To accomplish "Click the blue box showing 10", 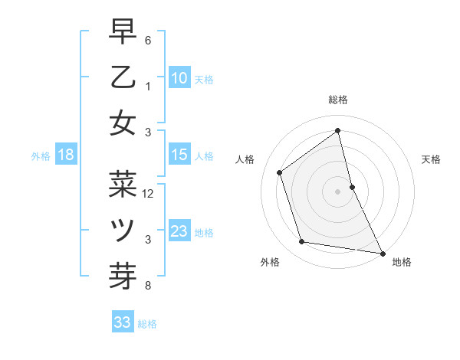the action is click(179, 77).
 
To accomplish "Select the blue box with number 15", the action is click(179, 155).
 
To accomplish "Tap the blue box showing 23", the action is click(179, 231).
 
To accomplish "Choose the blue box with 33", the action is click(122, 322).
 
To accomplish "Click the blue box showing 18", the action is click(66, 155).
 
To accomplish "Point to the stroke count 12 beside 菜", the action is click(149, 194).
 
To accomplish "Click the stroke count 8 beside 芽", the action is click(148, 286).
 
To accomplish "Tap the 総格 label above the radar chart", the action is click(338, 100).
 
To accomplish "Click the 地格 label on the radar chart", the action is click(402, 262).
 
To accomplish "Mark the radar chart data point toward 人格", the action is click(280, 172).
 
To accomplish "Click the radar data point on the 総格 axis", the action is click(338, 131).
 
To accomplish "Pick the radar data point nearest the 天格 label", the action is click(352, 187).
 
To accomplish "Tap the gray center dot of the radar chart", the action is click(338, 191).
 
